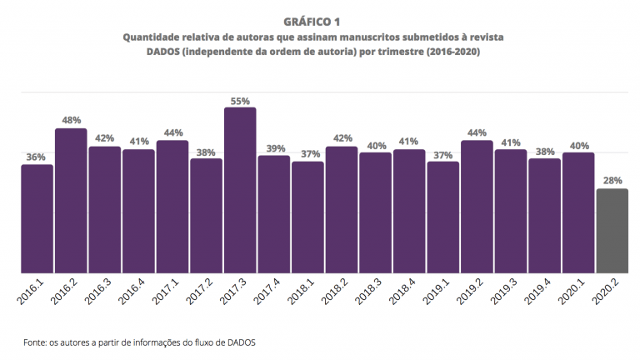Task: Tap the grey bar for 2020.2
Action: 612,231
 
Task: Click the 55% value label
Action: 240,101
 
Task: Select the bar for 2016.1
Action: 37,218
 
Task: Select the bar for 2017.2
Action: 206,215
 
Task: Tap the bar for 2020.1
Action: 578,212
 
